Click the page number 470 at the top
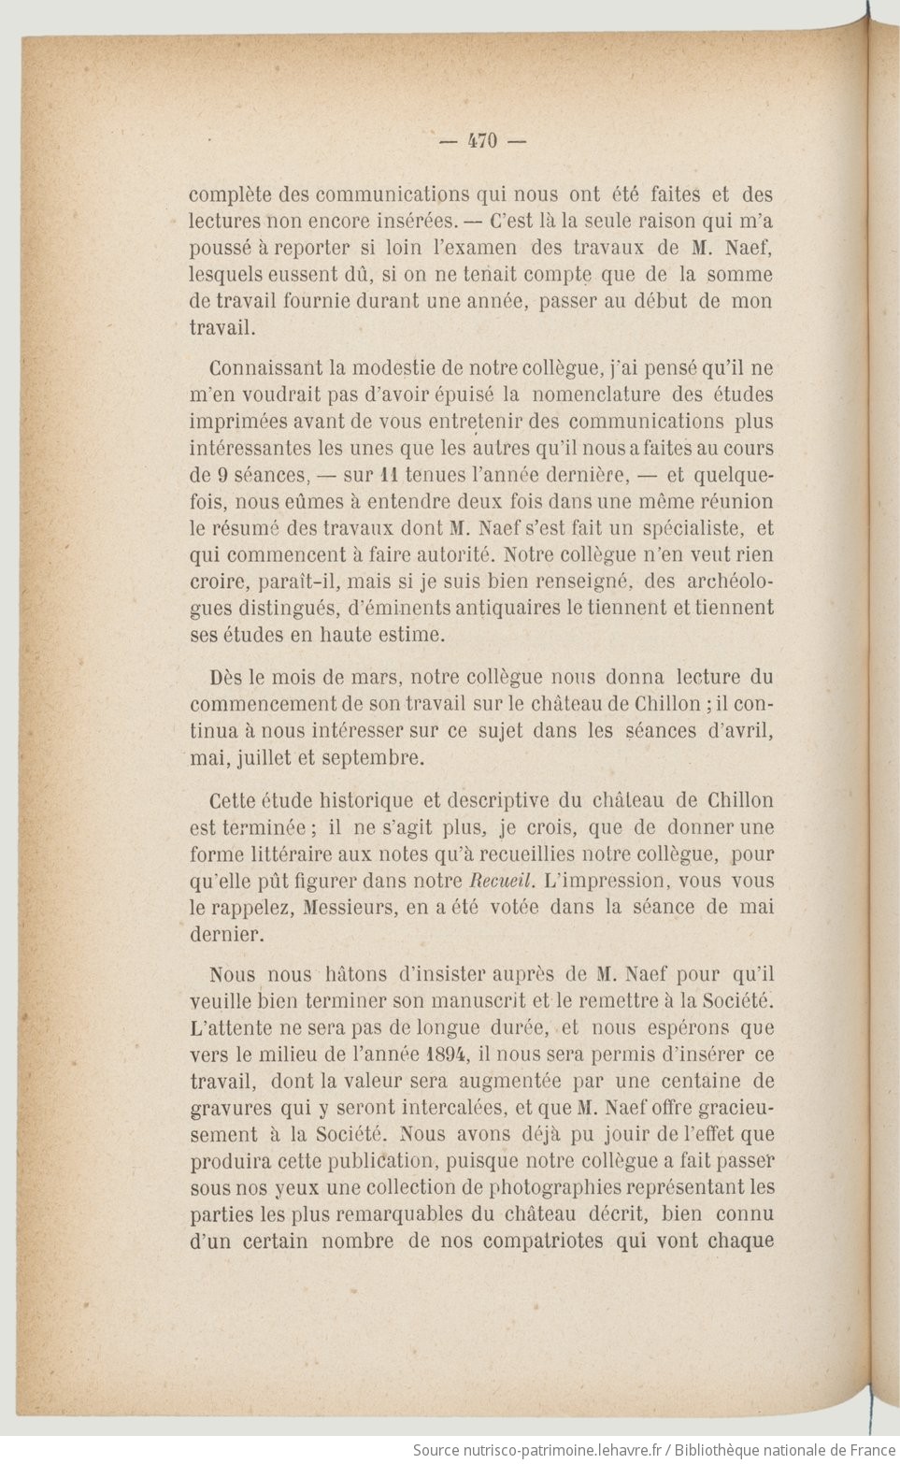pos(482,141)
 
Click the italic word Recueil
pos(501,881)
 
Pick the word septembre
pos(373,758)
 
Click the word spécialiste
pos(687,528)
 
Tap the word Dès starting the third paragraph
pos(225,678)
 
